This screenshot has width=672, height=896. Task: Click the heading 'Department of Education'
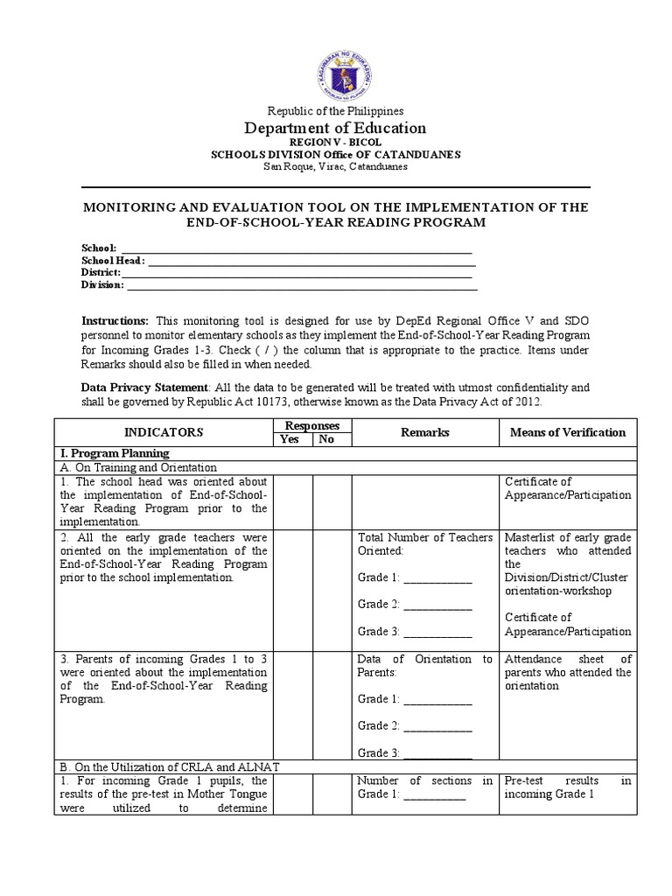click(x=336, y=129)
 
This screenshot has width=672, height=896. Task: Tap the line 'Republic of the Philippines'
click(x=336, y=111)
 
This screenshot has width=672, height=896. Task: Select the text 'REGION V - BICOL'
click(x=336, y=143)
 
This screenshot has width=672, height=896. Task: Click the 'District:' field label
click(x=101, y=273)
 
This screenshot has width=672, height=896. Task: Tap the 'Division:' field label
click(x=103, y=285)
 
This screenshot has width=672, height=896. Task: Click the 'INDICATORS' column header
click(x=164, y=432)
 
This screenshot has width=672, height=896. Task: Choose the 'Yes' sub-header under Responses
click(x=289, y=439)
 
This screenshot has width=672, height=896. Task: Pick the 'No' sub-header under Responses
click(x=326, y=439)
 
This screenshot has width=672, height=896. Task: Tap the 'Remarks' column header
click(x=425, y=432)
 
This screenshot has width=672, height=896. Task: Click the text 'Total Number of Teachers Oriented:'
click(x=425, y=543)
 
